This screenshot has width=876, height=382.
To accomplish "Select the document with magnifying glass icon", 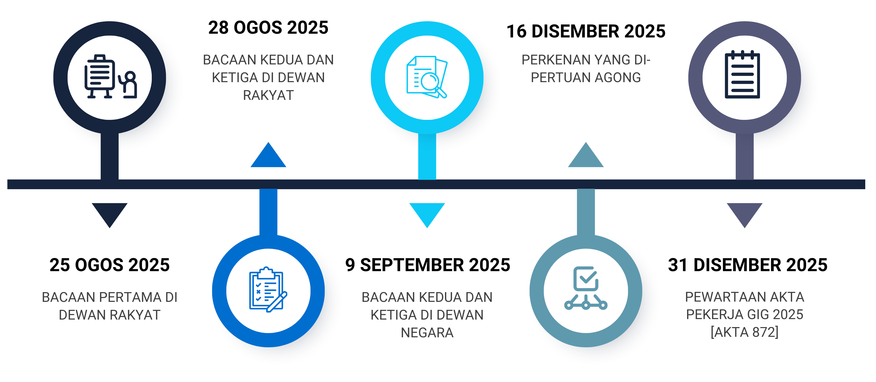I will click(427, 77).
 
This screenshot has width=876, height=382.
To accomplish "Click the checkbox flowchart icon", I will click(585, 288).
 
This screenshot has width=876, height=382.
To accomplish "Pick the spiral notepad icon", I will click(742, 75).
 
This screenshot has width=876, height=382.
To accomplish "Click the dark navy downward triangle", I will click(110, 213).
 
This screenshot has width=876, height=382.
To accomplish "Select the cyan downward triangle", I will click(427, 213).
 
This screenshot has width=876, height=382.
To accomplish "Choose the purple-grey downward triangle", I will click(744, 213).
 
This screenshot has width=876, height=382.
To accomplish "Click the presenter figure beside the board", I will click(130, 85).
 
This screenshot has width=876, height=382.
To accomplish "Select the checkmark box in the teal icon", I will click(585, 278).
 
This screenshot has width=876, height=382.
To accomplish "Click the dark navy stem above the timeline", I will click(110, 157).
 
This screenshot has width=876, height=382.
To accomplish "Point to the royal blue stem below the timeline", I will click(268, 211).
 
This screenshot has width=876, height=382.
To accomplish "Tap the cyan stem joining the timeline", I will click(427, 157).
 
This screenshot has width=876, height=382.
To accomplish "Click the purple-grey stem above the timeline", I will click(744, 157).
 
